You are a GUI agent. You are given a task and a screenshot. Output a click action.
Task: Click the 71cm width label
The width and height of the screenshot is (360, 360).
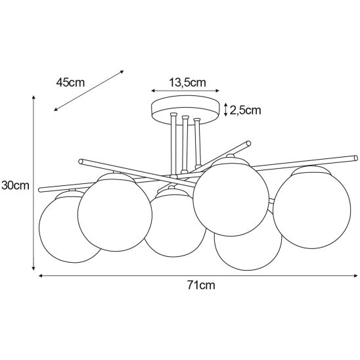pyautogui.click(x=201, y=285)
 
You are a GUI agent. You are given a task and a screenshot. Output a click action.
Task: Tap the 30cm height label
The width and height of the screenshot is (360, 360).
pyautogui.click(x=15, y=185)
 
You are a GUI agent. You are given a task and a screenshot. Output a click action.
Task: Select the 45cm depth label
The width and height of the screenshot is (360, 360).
pyautogui.click(x=70, y=82)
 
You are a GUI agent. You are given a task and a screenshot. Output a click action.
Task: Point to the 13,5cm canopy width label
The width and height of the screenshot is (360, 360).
pyautogui.click(x=187, y=82)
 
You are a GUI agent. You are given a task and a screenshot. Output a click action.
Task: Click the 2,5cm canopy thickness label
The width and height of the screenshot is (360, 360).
pyautogui.click(x=246, y=110)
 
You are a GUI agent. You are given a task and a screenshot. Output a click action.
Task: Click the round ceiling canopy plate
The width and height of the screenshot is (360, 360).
pyautogui.click(x=185, y=110)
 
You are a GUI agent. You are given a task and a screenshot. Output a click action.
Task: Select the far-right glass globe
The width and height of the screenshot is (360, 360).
pyautogui.click(x=312, y=207)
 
